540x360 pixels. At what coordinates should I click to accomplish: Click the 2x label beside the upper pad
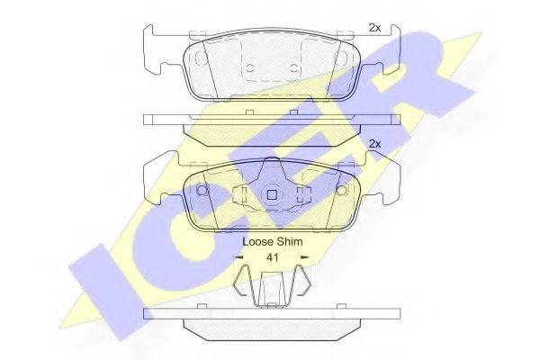click(x=374, y=28)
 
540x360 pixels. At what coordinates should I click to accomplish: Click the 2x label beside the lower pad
click(x=374, y=144)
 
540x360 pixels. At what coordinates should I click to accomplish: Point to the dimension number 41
click(x=273, y=257)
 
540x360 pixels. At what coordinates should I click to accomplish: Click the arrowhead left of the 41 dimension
click(x=238, y=257)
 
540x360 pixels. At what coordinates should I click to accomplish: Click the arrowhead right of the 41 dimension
click(x=305, y=257)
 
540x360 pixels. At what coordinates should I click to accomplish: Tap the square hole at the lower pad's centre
click(x=272, y=195)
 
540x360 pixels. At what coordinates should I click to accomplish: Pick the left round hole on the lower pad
click(x=202, y=190)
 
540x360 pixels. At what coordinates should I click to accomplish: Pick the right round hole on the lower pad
click(x=341, y=190)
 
